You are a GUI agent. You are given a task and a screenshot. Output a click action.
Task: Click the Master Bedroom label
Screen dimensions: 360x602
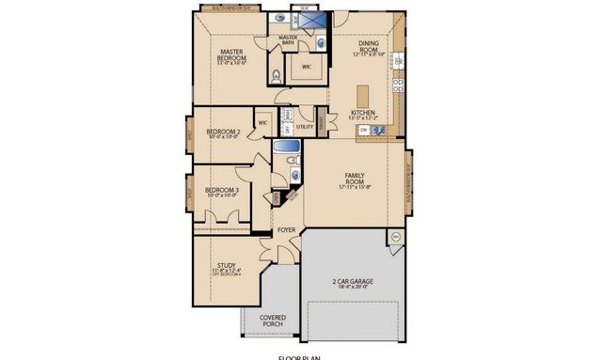tap(232, 57)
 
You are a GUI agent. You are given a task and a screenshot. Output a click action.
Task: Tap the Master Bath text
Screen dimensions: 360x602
tap(288, 39)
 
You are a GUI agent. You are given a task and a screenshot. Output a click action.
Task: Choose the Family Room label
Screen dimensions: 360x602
tap(355, 180)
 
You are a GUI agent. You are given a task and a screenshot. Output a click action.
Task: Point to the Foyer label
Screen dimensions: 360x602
tap(286, 228)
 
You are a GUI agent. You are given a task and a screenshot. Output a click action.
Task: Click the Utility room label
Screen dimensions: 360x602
tap(304, 126)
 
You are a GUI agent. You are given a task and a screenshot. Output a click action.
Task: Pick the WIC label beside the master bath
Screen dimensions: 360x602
tap(307, 67)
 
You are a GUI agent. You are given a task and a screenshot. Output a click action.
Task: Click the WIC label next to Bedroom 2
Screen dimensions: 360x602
tap(263, 122)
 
